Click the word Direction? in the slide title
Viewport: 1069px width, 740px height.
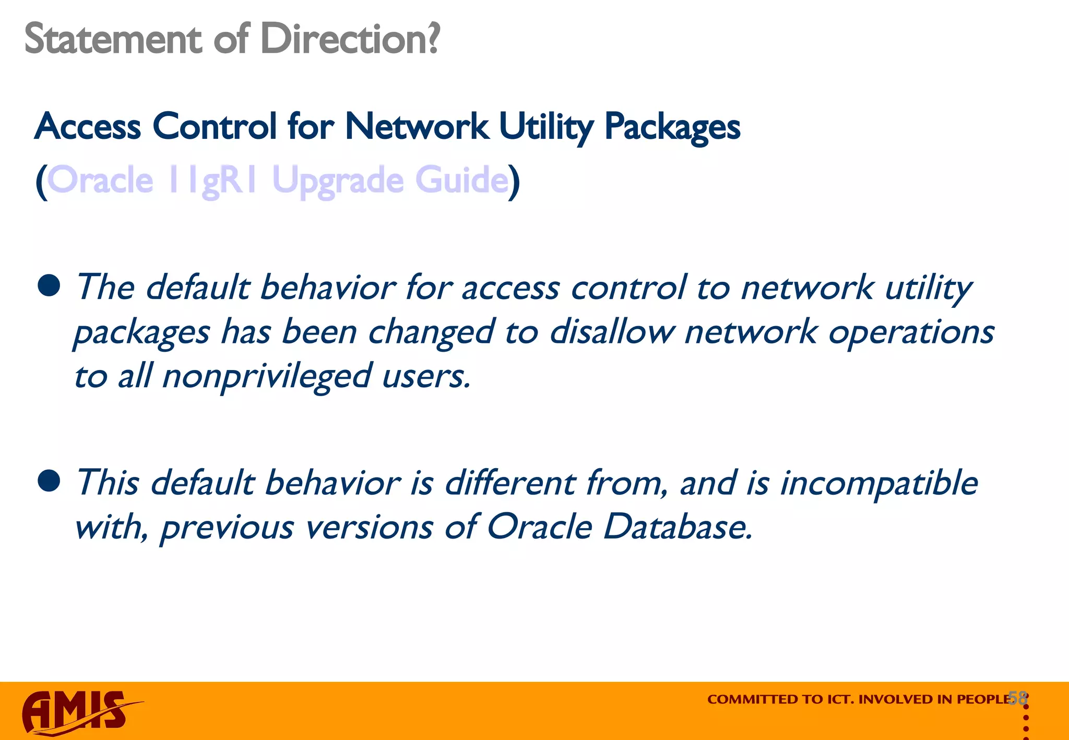tap(350, 39)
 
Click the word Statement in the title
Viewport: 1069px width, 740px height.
tap(113, 39)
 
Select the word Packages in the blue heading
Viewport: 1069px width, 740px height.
tap(672, 127)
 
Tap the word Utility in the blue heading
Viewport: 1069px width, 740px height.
tap(545, 127)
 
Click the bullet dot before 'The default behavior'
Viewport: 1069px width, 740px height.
tap(49, 286)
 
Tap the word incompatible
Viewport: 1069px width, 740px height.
tap(879, 483)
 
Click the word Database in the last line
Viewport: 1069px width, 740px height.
tap(678, 527)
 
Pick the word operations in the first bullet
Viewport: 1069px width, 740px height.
tap(911, 332)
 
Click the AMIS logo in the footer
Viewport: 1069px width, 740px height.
tap(78, 712)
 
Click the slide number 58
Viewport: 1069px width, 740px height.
tap(1017, 698)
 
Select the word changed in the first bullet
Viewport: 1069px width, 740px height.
tap(431, 332)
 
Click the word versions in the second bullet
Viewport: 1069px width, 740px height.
tap(369, 527)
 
